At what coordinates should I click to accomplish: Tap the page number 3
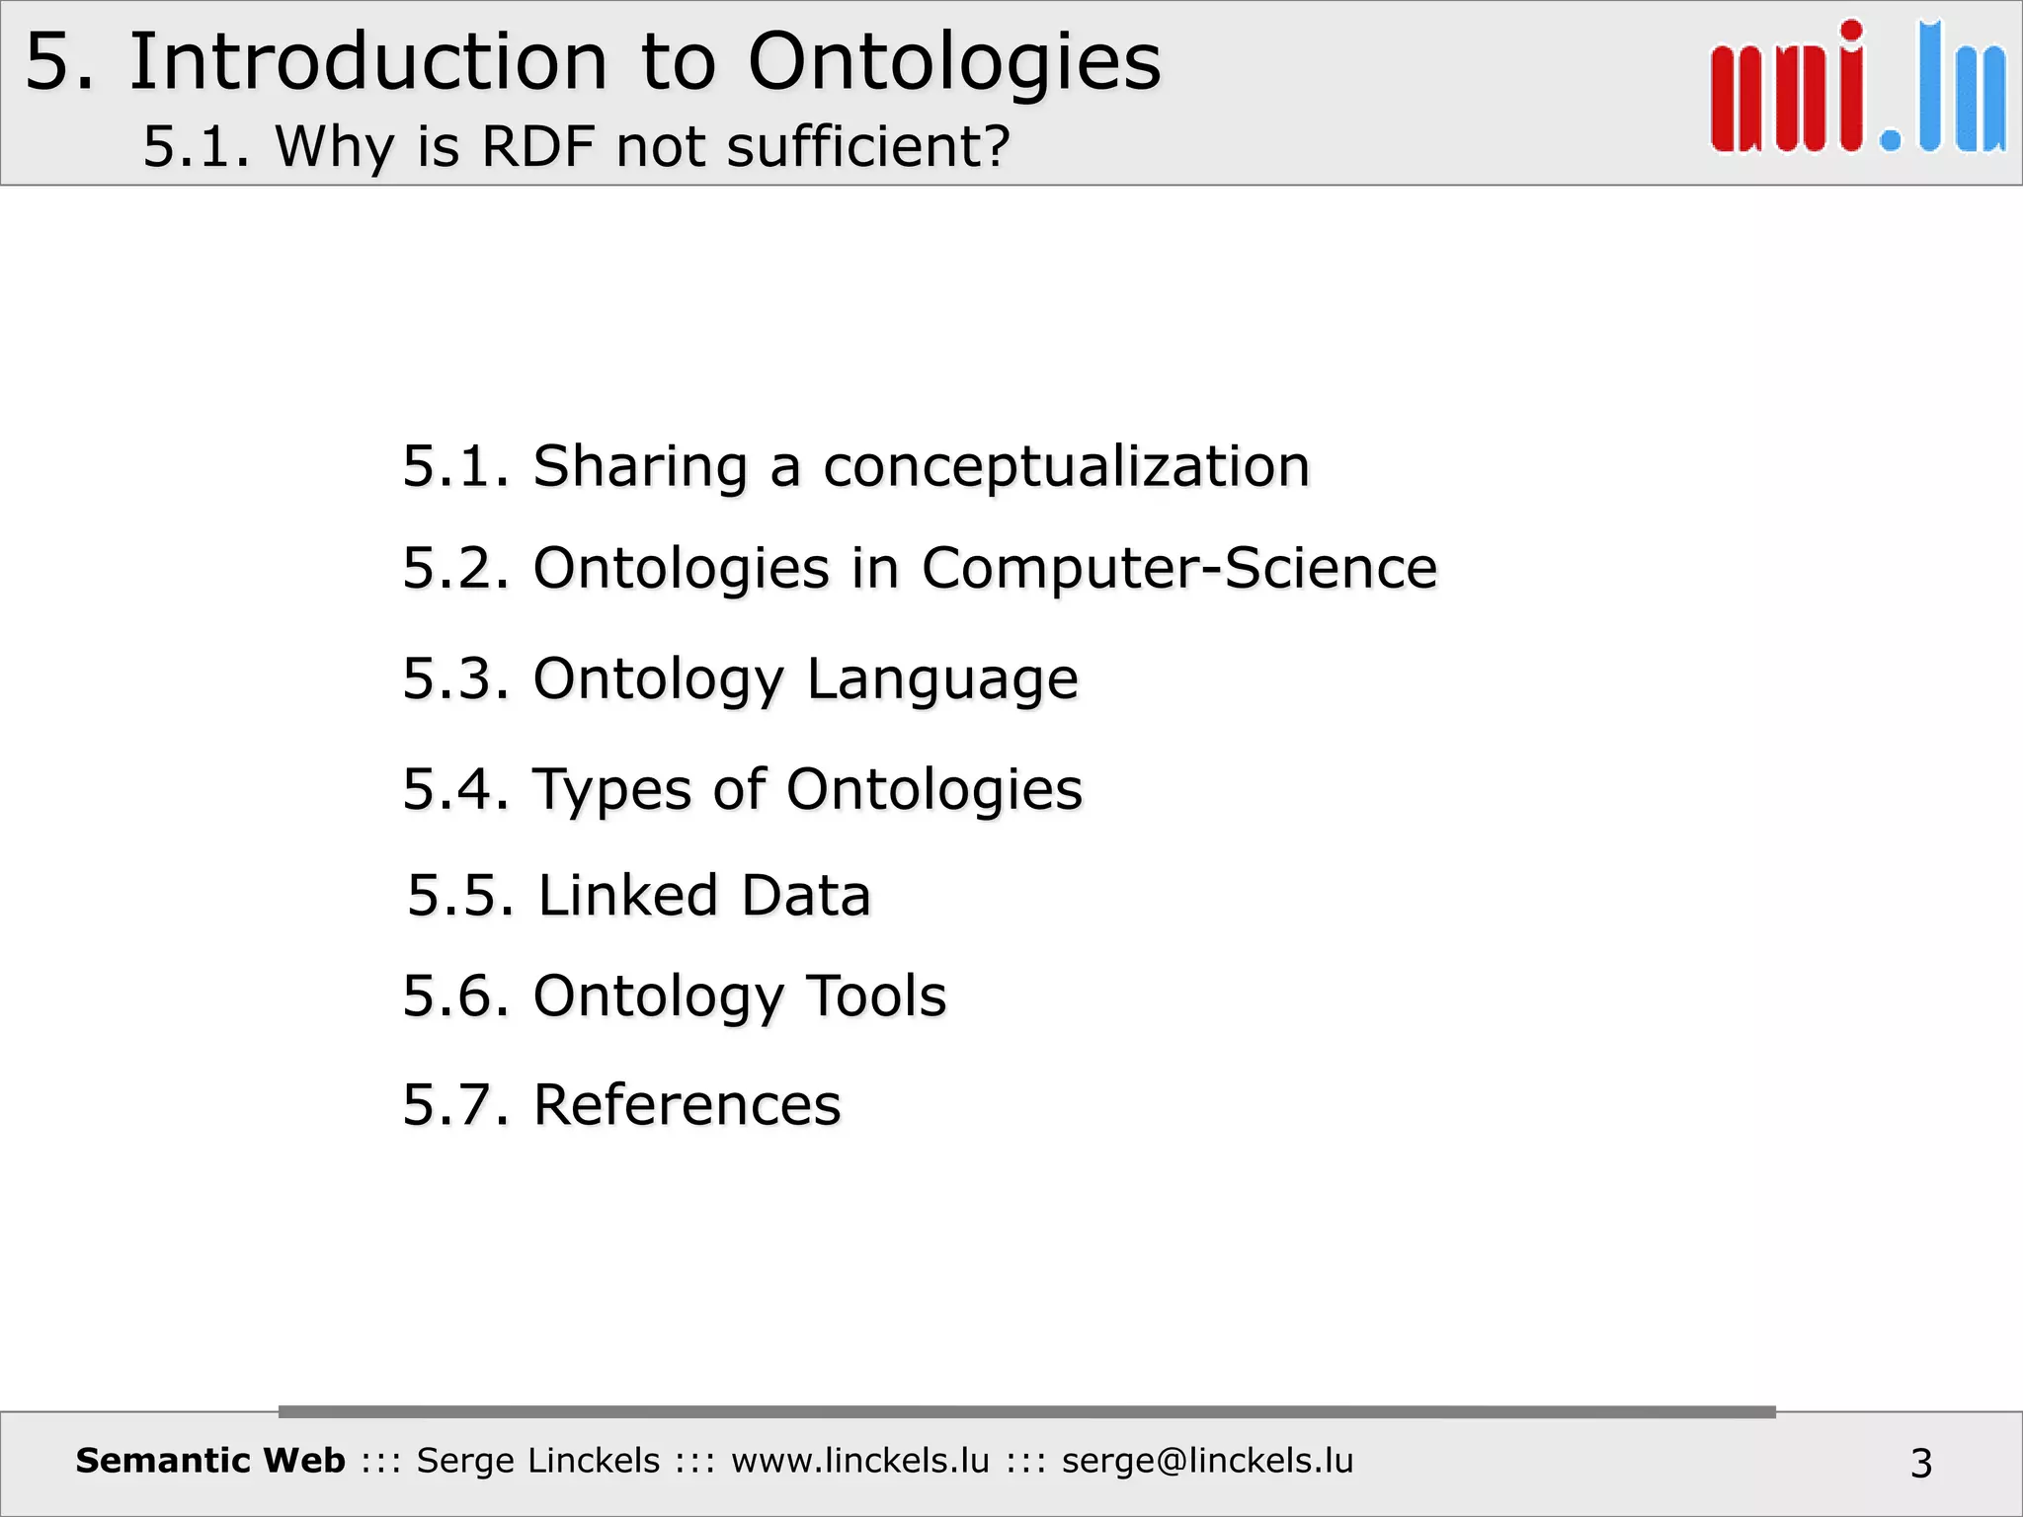tap(1920, 1463)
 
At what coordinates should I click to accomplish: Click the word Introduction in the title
tap(367, 62)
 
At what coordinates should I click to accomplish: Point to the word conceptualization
tap(1066, 466)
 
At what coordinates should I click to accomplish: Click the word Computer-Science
tap(1178, 569)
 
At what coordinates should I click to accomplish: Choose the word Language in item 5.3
tap(942, 679)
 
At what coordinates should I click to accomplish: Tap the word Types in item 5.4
tap(612, 790)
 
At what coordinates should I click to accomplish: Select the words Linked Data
tap(704, 896)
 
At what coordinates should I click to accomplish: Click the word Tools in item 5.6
tap(876, 996)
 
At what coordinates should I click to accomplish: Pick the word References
tap(687, 1104)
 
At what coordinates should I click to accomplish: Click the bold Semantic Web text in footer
tap(210, 1461)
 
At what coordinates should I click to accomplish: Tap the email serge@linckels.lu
tap(1207, 1461)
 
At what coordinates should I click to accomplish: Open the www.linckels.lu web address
tap(859, 1461)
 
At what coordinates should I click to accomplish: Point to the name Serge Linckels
tap(537, 1461)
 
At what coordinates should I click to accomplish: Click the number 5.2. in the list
tap(455, 569)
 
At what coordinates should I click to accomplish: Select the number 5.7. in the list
tap(455, 1104)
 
